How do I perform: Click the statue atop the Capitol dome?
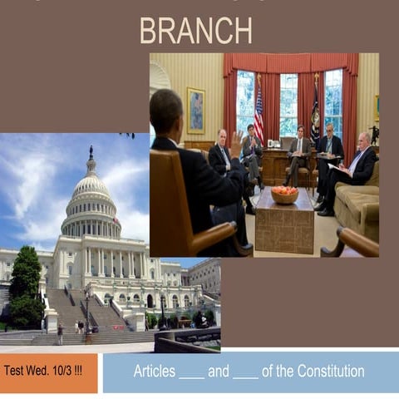pos(91,152)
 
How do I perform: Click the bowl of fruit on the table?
pos(284,195)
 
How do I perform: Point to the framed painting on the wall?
pos(195,110)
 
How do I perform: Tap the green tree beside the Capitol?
pos(26,287)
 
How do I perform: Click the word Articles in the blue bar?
pos(154,371)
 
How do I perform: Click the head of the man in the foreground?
pos(166,111)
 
